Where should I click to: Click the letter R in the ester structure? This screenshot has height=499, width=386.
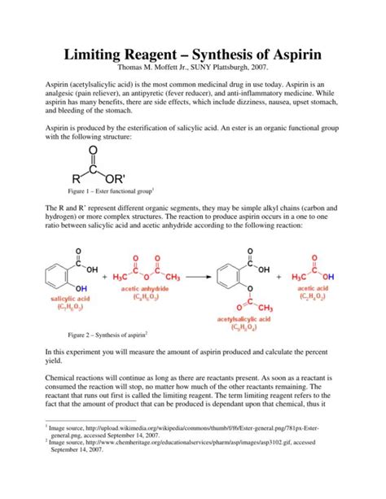[76, 199]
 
